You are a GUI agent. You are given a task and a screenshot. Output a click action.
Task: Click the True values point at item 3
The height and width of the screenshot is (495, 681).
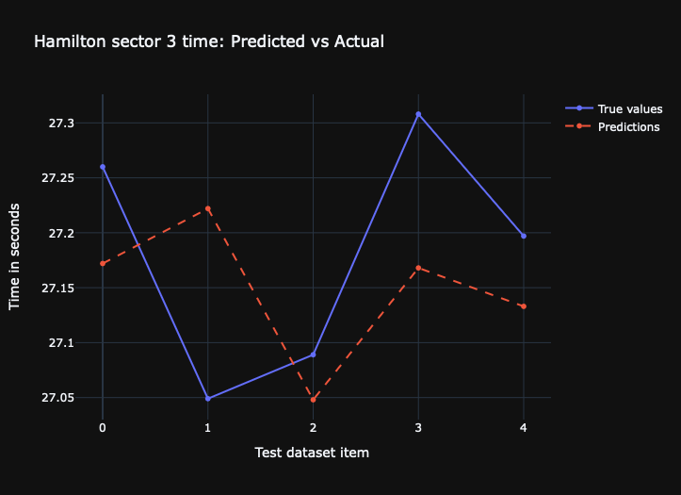click(418, 114)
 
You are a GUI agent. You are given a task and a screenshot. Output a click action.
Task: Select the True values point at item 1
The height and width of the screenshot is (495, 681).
click(207, 398)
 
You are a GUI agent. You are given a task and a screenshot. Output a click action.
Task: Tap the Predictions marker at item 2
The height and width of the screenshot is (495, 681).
click(313, 400)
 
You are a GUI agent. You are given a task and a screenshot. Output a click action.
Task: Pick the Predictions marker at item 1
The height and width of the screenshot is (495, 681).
click(207, 208)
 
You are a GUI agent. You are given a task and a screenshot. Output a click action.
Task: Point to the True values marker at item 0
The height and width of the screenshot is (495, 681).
click(103, 167)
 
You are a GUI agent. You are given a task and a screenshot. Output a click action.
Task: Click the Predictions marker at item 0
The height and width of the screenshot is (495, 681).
click(103, 263)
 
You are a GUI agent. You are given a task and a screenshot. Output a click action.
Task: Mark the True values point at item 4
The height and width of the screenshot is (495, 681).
click(524, 236)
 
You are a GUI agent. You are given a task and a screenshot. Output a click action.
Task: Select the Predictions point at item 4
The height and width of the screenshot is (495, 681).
click(524, 306)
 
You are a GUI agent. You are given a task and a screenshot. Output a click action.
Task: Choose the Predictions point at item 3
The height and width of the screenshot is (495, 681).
click(418, 268)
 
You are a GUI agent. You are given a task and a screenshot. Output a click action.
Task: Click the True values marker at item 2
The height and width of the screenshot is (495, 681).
click(313, 355)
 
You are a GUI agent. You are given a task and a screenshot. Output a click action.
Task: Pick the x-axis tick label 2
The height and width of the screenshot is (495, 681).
click(313, 428)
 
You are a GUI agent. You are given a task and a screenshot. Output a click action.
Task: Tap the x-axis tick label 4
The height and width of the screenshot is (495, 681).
click(524, 428)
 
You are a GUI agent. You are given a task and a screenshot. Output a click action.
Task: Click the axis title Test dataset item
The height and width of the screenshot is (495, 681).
click(312, 453)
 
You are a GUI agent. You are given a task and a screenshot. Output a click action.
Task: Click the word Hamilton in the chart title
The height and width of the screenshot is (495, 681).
click(67, 41)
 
